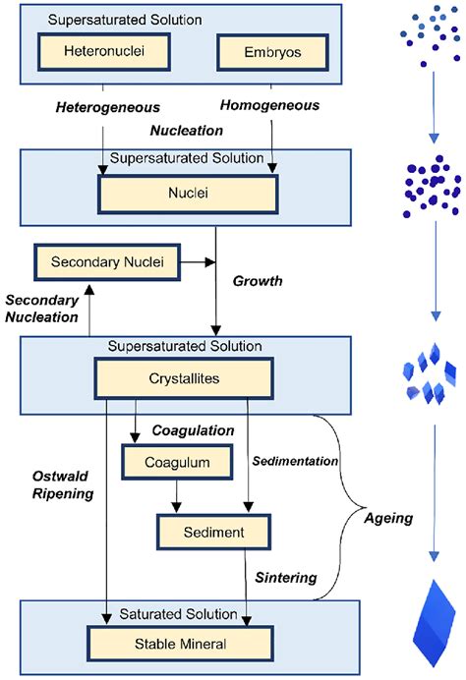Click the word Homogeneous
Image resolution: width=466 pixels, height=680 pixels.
pyautogui.click(x=269, y=103)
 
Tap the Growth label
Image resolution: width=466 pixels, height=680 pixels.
pyautogui.click(x=259, y=280)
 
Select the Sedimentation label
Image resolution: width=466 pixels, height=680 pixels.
pyautogui.click(x=292, y=460)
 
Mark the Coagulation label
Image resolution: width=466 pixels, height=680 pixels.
pyautogui.click(x=193, y=430)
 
